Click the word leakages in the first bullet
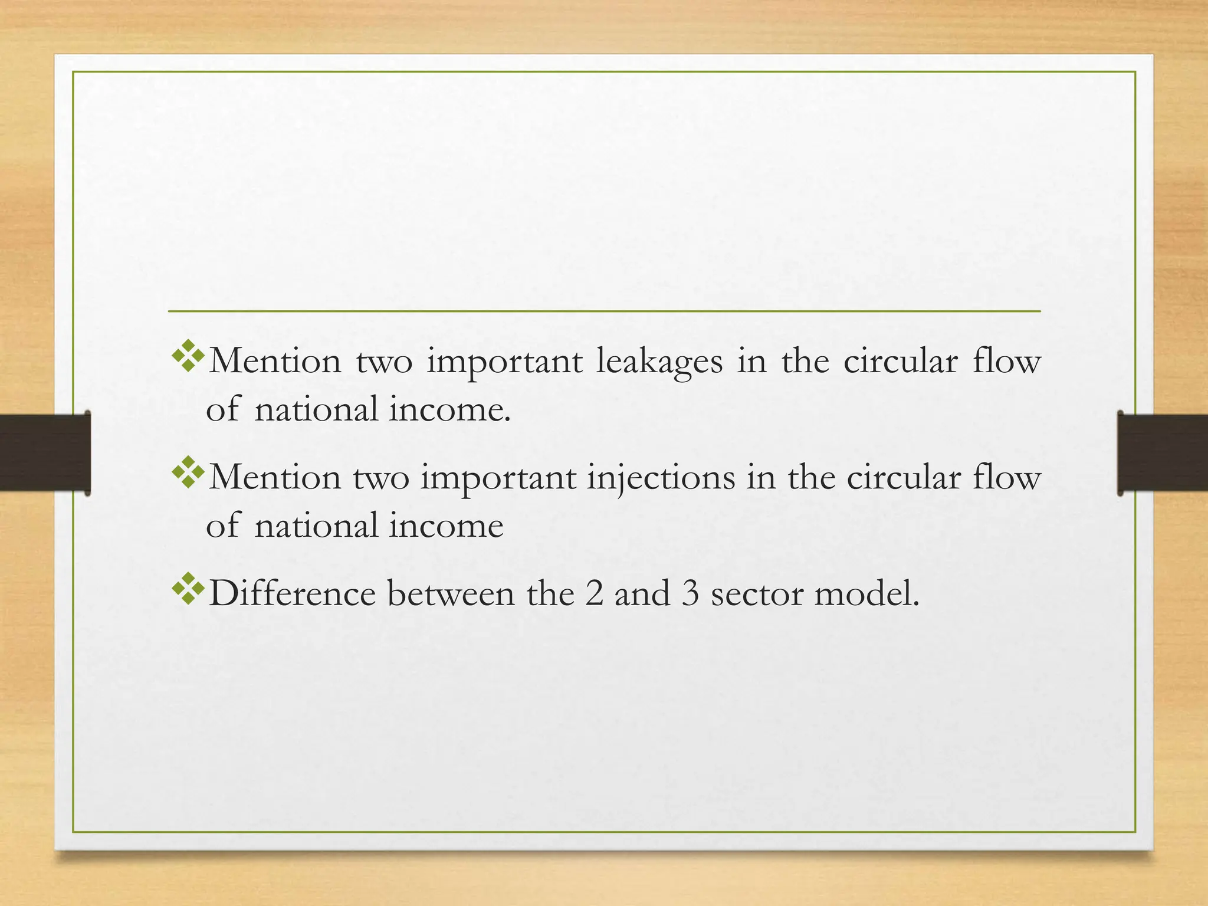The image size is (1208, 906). [659, 362]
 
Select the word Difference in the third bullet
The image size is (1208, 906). [292, 593]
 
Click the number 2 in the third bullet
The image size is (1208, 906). [595, 593]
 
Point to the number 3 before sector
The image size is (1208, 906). [690, 593]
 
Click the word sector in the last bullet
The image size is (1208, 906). [757, 593]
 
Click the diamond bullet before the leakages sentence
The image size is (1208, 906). [188, 356]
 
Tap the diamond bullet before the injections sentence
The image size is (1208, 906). [188, 472]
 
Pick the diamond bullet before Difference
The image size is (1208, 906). [188, 588]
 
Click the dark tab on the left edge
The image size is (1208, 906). [45, 453]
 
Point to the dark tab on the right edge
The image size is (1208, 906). [1163, 453]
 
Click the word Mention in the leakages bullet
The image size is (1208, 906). [275, 362]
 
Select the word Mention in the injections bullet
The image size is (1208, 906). [275, 477]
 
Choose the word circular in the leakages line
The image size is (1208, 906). [900, 362]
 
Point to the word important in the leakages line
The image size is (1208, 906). [504, 362]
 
